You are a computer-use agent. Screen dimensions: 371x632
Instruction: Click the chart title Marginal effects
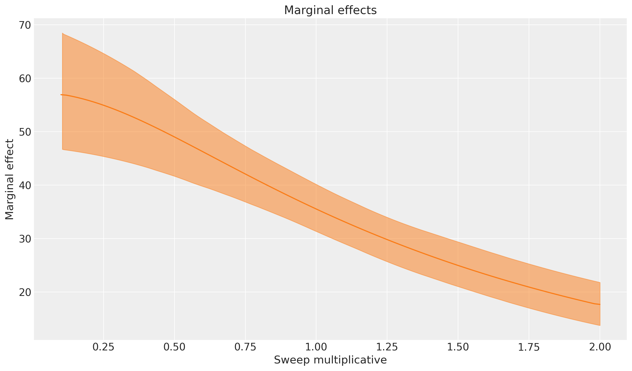pyautogui.click(x=330, y=10)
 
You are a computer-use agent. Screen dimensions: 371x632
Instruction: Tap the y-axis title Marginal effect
pyautogui.click(x=9, y=179)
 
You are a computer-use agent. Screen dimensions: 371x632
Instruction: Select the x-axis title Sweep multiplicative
pyautogui.click(x=330, y=360)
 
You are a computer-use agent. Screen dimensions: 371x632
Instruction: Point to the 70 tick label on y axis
pyautogui.click(x=25, y=25)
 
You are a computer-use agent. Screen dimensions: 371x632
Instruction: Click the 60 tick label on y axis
pyautogui.click(x=25, y=78)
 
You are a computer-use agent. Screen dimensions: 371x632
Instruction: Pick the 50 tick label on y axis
pyautogui.click(x=25, y=132)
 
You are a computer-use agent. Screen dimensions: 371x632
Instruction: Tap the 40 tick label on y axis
pyautogui.click(x=25, y=185)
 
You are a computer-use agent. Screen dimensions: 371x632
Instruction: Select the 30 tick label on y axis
pyautogui.click(x=25, y=239)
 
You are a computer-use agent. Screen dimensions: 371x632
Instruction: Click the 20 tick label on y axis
pyautogui.click(x=25, y=292)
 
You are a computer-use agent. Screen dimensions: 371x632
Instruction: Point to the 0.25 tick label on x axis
pyautogui.click(x=104, y=347)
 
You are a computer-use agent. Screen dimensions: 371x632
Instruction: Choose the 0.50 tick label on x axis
pyautogui.click(x=174, y=347)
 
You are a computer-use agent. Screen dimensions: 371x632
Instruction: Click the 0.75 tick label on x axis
pyautogui.click(x=245, y=347)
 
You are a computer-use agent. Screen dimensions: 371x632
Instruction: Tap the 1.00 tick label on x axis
pyautogui.click(x=316, y=347)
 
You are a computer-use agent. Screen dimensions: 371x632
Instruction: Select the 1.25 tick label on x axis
pyautogui.click(x=387, y=347)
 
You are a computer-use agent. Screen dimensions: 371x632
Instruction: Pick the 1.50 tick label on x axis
pyautogui.click(x=458, y=347)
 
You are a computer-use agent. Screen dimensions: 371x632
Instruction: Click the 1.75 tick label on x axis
pyautogui.click(x=529, y=347)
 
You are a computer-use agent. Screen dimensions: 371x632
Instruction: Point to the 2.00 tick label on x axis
pyautogui.click(x=600, y=347)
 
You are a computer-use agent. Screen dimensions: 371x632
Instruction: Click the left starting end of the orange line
pyautogui.click(x=61, y=95)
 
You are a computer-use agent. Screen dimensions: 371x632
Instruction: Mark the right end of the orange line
pyautogui.click(x=600, y=304)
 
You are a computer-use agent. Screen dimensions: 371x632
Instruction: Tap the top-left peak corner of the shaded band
pyautogui.click(x=63, y=33)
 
